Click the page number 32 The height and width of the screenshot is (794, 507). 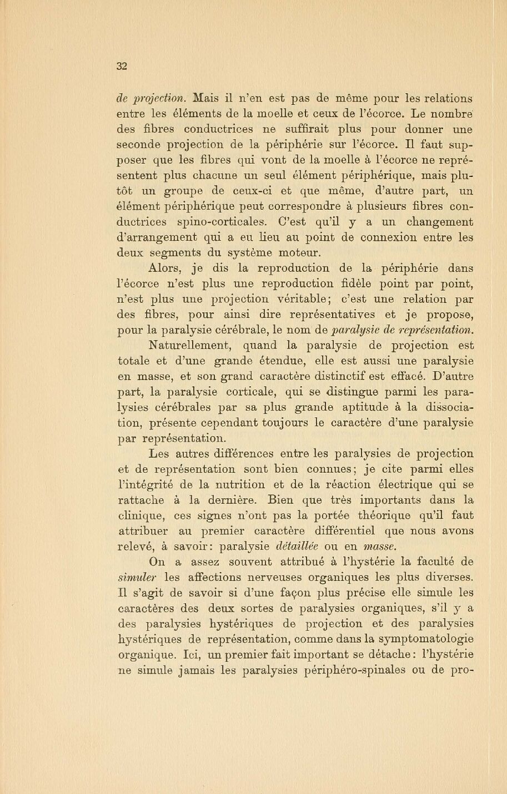(x=122, y=66)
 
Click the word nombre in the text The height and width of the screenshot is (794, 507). (x=445, y=114)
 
